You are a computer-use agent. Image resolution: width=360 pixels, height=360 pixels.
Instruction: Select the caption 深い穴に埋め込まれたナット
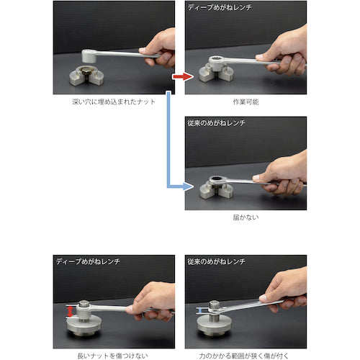click(x=114, y=102)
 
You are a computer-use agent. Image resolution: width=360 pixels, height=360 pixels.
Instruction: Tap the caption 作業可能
click(x=246, y=102)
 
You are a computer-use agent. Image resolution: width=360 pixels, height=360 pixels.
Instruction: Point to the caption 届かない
click(x=246, y=216)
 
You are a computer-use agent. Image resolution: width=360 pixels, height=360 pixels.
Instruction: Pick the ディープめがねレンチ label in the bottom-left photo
click(x=83, y=260)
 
